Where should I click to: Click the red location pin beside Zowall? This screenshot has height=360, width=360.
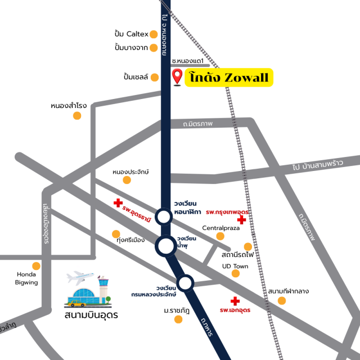[178, 76]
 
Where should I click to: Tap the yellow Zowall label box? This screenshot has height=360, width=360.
[229, 78]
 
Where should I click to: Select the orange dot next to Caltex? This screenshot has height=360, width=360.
[154, 34]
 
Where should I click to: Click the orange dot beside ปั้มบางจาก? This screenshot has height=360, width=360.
[154, 48]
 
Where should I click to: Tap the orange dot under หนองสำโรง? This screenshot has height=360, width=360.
[77, 116]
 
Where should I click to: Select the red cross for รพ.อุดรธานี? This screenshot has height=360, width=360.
[118, 202]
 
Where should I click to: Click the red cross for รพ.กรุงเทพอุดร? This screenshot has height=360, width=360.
[241, 220]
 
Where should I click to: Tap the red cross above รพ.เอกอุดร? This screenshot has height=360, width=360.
[235, 301]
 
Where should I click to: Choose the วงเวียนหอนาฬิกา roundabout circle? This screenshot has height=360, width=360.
[164, 217]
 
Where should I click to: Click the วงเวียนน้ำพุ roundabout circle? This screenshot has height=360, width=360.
[166, 246]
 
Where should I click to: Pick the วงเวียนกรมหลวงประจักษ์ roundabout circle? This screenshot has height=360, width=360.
[186, 283]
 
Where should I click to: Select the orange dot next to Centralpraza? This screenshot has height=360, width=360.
[220, 236]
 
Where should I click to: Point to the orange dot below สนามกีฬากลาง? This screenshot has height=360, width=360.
[282, 300]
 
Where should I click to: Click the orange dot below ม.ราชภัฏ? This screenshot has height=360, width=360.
[178, 319]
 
